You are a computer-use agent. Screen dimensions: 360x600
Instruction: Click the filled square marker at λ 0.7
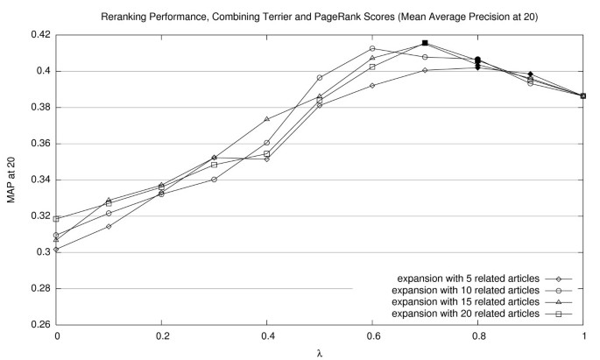(425, 43)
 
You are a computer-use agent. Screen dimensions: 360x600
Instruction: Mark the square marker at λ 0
(57, 219)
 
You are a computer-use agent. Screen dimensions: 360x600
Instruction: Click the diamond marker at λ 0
(57, 250)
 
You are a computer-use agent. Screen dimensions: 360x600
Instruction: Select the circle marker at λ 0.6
(372, 48)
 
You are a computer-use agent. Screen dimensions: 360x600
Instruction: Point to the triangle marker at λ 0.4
(267, 119)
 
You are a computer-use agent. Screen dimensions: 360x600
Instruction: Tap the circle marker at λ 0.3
(215, 180)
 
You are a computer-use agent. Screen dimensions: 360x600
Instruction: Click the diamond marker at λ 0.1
(109, 227)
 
